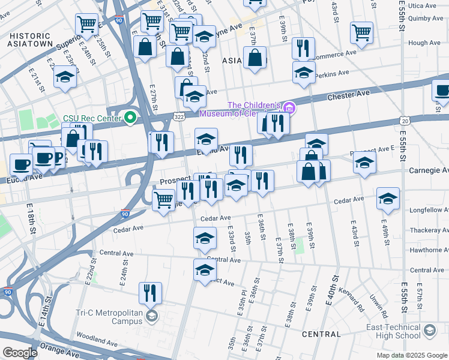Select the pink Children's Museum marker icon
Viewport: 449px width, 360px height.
[x=289, y=108]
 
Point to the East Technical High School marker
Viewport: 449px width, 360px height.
[x=430, y=331]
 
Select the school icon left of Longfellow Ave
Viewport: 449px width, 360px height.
[x=388, y=197]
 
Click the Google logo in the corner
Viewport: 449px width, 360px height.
[x=20, y=353]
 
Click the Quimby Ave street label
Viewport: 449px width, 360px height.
[x=426, y=18]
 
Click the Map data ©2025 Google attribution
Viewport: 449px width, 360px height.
[x=411, y=355]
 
